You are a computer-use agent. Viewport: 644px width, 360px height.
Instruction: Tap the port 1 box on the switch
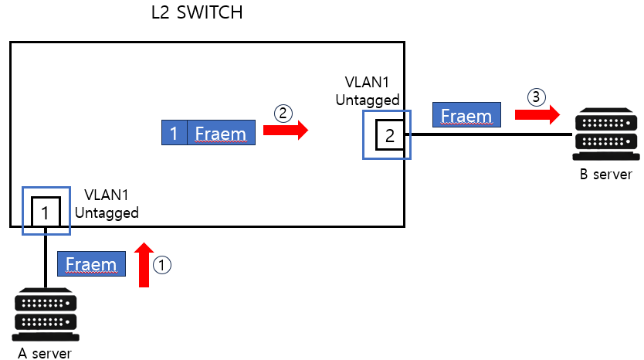pyautogui.click(x=46, y=211)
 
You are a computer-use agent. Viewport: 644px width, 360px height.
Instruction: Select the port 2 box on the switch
pyautogui.click(x=389, y=136)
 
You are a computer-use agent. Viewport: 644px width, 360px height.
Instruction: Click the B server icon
pyautogui.click(x=606, y=136)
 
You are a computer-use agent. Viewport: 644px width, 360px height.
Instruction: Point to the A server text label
pyautogui.click(x=45, y=353)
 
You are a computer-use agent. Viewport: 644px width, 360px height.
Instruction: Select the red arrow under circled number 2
pyautogui.click(x=285, y=132)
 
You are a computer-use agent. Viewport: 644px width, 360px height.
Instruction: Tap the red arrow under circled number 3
pyautogui.click(x=537, y=115)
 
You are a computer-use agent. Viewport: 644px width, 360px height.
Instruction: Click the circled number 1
pyautogui.click(x=162, y=264)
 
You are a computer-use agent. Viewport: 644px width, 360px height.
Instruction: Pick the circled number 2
pyautogui.click(x=283, y=113)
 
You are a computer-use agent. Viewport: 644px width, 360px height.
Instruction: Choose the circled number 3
pyautogui.click(x=537, y=97)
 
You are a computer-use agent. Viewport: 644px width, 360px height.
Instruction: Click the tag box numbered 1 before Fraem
pyautogui.click(x=174, y=133)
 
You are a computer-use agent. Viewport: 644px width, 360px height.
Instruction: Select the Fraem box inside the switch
pyautogui.click(x=220, y=133)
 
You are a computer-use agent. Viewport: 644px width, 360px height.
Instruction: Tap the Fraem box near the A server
pyautogui.click(x=90, y=264)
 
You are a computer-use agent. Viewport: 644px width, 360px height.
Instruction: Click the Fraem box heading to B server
pyautogui.click(x=466, y=116)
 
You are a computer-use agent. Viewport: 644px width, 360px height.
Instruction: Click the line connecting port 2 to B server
pyautogui.click(x=494, y=134)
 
